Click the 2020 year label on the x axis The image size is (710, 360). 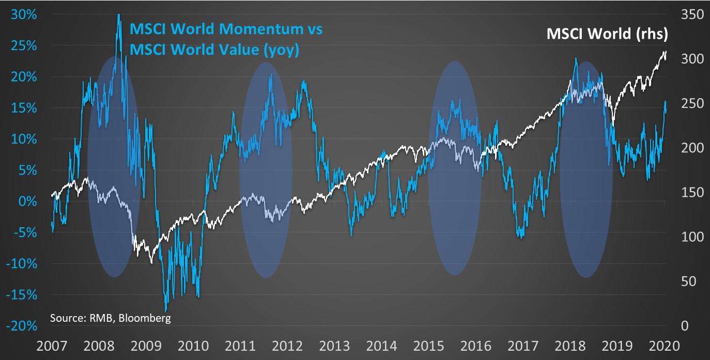[x=664, y=345]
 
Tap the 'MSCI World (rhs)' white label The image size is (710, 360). [x=607, y=34]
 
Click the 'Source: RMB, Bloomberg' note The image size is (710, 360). [x=110, y=318]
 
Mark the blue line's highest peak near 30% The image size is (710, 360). [x=119, y=15]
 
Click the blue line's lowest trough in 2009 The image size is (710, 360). [x=165, y=310]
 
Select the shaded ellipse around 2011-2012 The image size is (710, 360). [x=266, y=170]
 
